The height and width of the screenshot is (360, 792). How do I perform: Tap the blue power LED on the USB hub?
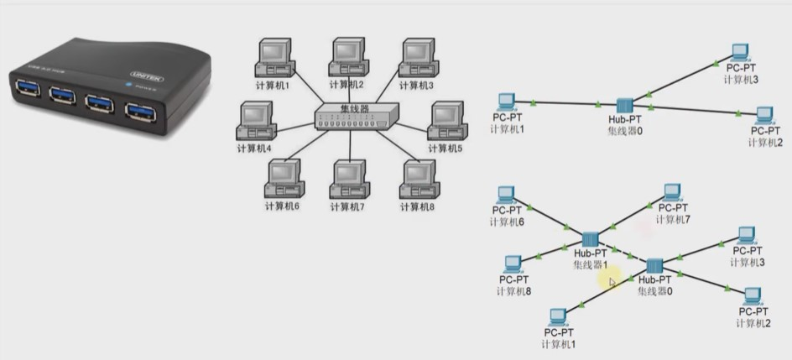tap(128, 84)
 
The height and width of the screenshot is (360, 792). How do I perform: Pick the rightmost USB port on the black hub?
tap(139, 110)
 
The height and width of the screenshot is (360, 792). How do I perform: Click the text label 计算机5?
tap(446, 149)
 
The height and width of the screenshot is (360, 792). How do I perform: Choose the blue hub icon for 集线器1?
tap(589, 240)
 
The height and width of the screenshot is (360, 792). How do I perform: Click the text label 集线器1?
tap(590, 264)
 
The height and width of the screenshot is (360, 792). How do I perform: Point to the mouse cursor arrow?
tap(612, 283)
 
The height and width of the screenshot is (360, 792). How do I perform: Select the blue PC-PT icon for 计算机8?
tap(513, 265)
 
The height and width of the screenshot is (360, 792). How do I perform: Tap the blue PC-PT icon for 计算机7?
tap(672, 193)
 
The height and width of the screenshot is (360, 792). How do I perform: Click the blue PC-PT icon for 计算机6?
tap(506, 195)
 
